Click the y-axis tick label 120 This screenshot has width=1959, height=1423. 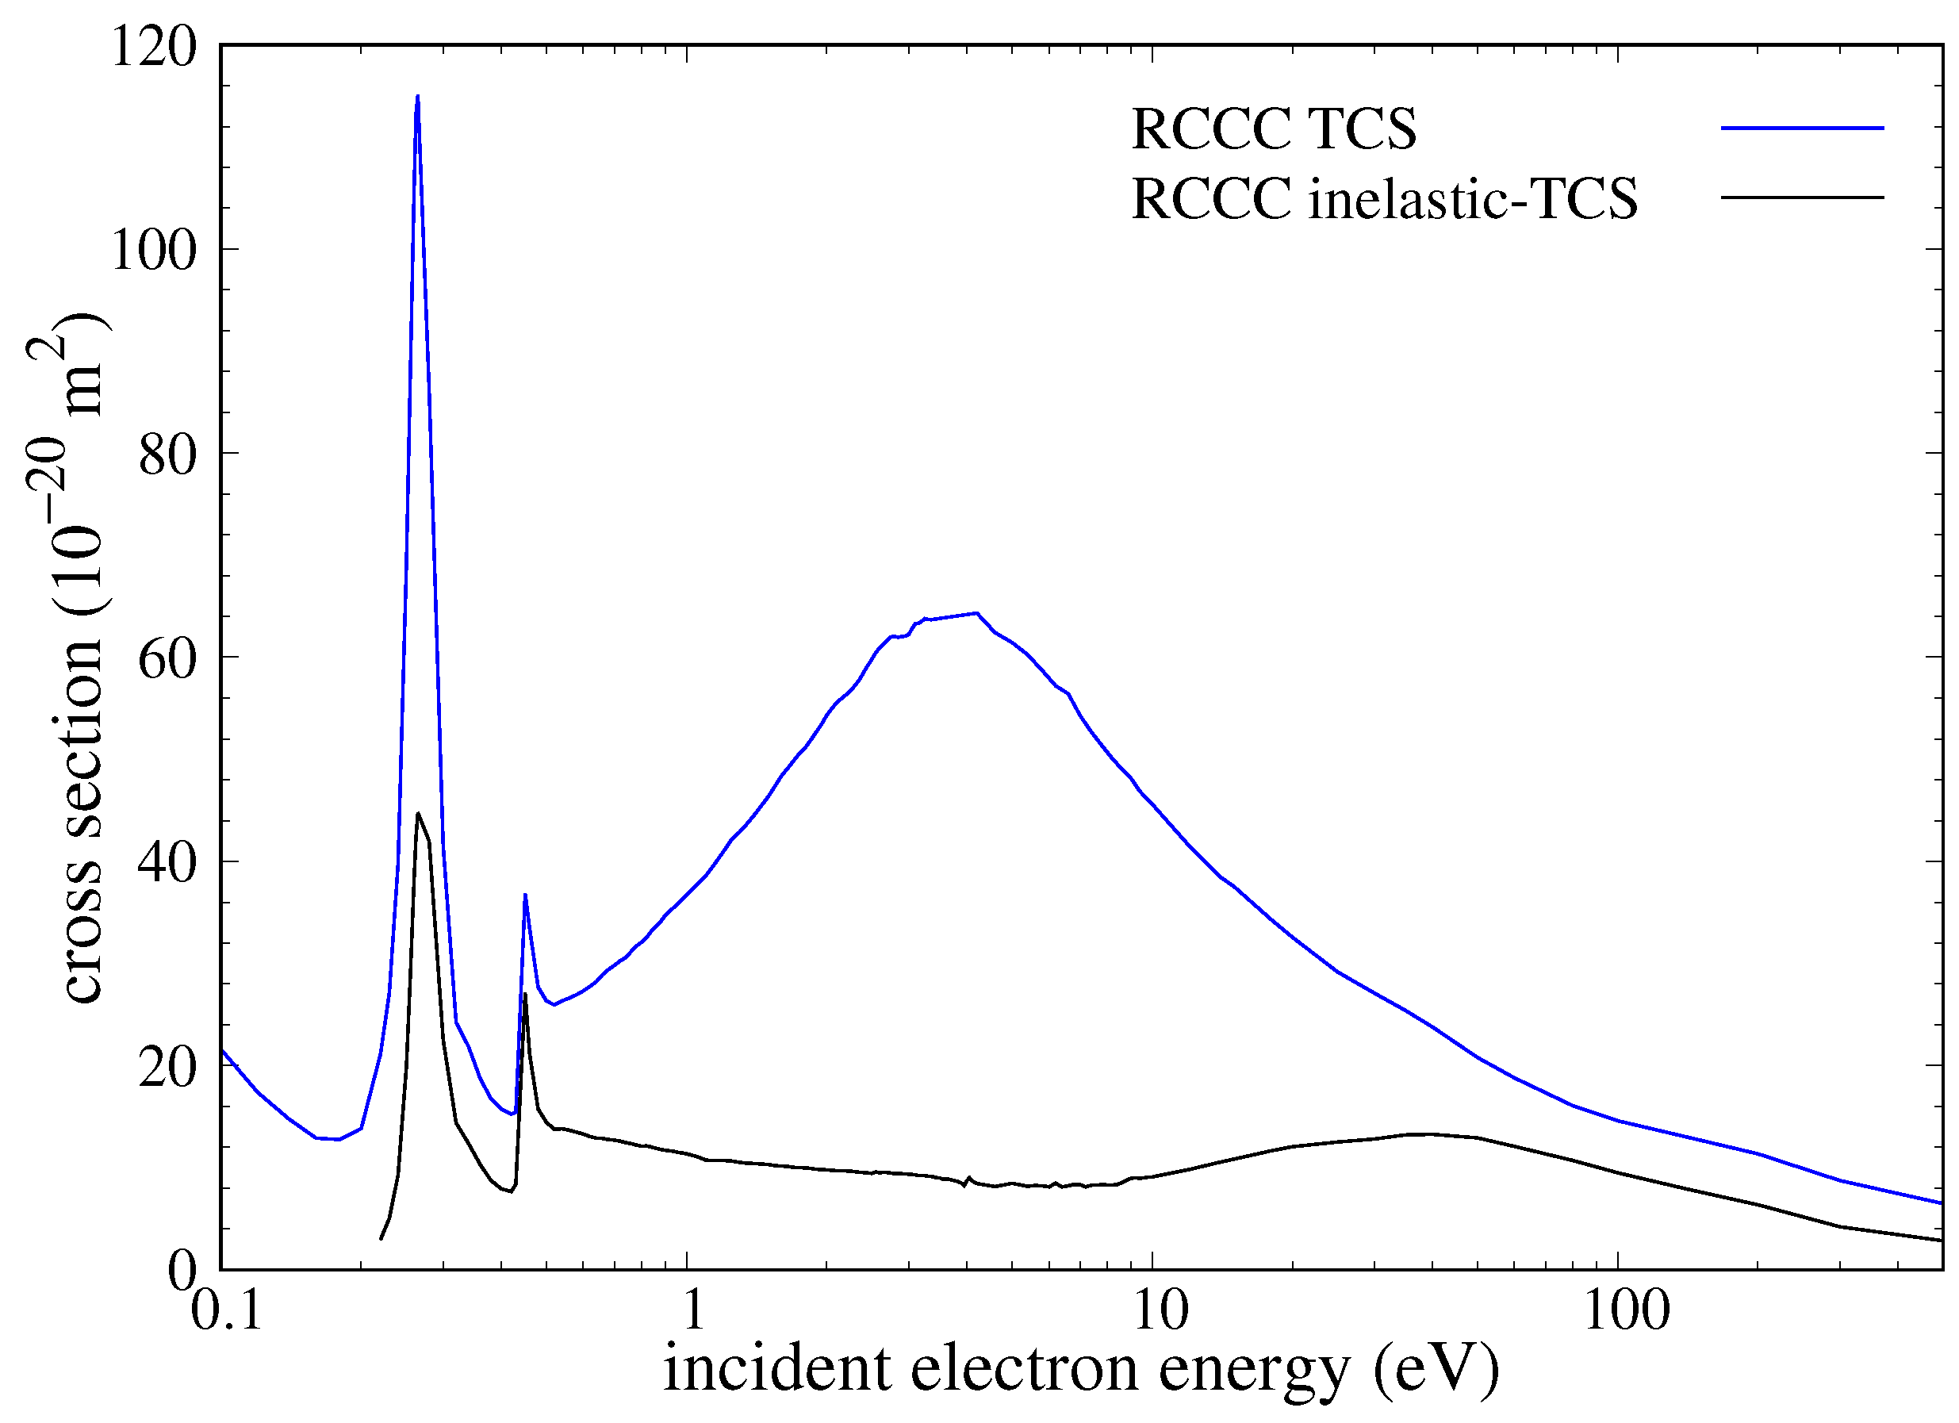point(154,47)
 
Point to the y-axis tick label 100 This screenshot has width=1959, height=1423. point(154,251)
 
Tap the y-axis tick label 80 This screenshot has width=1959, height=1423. point(167,455)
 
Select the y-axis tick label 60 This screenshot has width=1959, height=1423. point(167,659)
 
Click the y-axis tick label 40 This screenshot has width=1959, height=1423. point(167,863)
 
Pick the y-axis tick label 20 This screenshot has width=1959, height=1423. point(167,1068)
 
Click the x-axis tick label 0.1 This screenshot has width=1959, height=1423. point(226,1310)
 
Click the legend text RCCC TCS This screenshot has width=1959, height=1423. point(1274,129)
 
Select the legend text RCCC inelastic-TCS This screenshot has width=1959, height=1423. point(1385,200)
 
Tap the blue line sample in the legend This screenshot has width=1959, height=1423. point(1803,128)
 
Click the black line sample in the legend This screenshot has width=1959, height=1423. point(1803,198)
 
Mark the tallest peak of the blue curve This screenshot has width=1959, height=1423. point(418,97)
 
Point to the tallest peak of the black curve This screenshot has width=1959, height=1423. point(418,813)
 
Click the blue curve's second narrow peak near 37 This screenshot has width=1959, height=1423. point(525,895)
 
